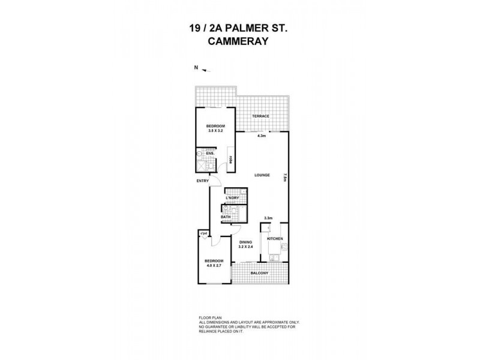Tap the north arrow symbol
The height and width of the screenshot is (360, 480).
[206, 70]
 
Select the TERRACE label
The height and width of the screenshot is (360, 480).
[260, 116]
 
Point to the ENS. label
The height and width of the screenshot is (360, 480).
[210, 154]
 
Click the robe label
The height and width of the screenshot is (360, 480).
[230, 161]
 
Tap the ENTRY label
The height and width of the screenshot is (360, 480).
[203, 181]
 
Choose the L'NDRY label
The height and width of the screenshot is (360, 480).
[233, 198]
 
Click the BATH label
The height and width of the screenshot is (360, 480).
[226, 217]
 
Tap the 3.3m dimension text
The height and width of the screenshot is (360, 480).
[269, 218]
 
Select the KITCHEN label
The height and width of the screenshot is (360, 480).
[275, 239]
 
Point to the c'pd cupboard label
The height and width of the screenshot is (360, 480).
[203, 233]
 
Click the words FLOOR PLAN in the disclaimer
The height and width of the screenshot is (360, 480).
[209, 317]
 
